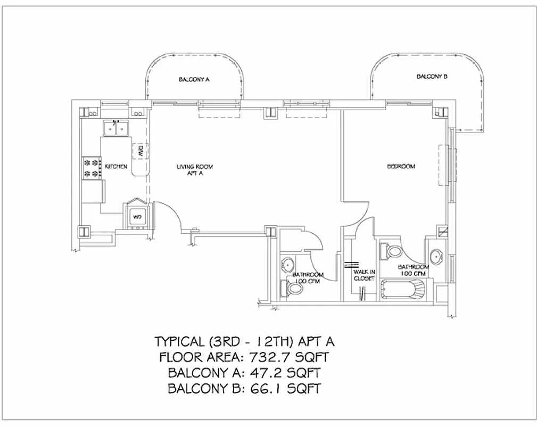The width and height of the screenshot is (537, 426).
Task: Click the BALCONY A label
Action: coord(194,80)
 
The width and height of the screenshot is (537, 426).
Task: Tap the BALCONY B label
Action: coord(432,77)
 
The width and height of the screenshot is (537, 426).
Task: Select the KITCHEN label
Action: coord(115,167)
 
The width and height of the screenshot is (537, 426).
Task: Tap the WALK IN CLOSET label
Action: coord(365,275)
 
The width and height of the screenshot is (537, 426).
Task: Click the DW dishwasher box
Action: coord(140,152)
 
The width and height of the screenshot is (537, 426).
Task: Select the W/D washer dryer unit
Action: coord(137,217)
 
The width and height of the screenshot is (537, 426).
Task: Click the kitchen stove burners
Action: coord(92,167)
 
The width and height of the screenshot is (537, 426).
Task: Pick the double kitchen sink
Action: coord(117,128)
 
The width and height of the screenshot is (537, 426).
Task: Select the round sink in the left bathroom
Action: coord(288,265)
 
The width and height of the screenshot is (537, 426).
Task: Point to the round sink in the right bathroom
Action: coord(437,257)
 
